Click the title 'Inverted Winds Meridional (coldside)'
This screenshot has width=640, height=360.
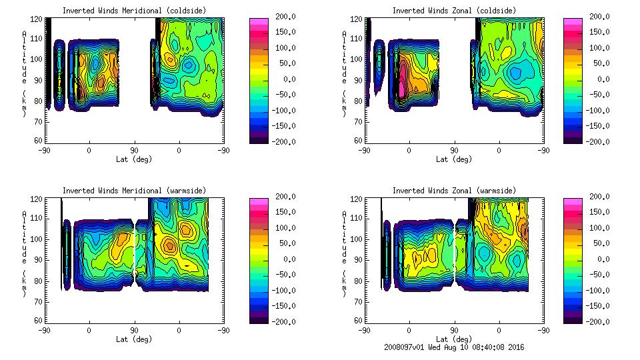pyautogui.click(x=133, y=10)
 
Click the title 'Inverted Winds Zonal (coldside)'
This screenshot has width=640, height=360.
pyautogui.click(x=453, y=10)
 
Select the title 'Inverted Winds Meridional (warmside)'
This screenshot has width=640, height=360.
pyautogui.click(x=133, y=191)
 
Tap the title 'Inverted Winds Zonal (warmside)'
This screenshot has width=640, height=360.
pyautogui.click(x=453, y=191)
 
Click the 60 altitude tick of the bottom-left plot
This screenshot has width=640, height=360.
pyautogui.click(x=39, y=321)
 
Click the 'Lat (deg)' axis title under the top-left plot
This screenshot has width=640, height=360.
pyautogui.click(x=134, y=159)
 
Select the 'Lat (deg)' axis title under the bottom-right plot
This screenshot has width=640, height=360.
pyautogui.click(x=454, y=339)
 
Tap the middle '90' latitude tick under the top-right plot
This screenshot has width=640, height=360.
pyautogui.click(x=454, y=151)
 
